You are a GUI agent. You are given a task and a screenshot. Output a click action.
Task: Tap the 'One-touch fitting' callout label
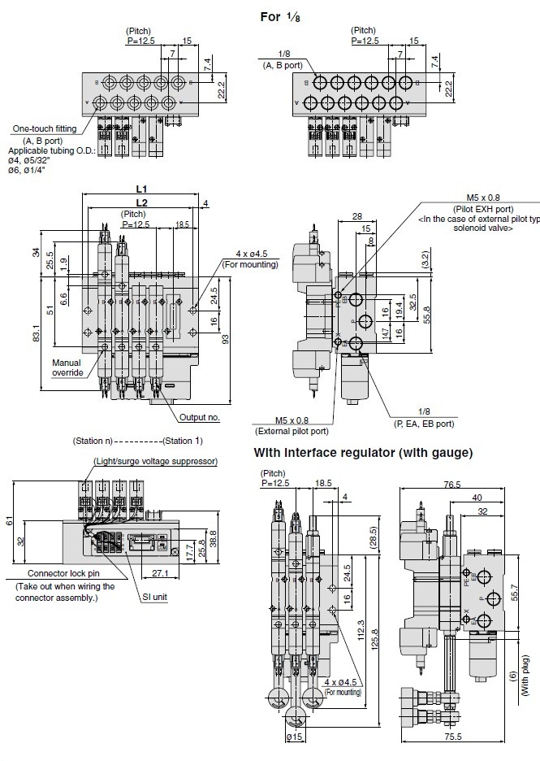pos(45,128)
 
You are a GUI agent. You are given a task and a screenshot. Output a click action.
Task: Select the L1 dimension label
pos(141,188)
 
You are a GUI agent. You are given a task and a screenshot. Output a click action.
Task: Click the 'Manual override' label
pos(67,367)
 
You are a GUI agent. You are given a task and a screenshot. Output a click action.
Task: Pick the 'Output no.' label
pos(200,418)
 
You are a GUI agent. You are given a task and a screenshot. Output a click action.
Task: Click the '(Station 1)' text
pos(182,441)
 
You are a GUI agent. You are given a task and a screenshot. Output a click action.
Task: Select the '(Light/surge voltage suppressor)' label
pos(155,461)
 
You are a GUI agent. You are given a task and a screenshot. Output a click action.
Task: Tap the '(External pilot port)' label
pos(291,431)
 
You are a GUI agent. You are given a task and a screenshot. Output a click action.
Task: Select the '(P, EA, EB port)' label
pos(424,423)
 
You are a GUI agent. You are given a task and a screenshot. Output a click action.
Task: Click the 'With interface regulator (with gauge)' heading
pos(363,452)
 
